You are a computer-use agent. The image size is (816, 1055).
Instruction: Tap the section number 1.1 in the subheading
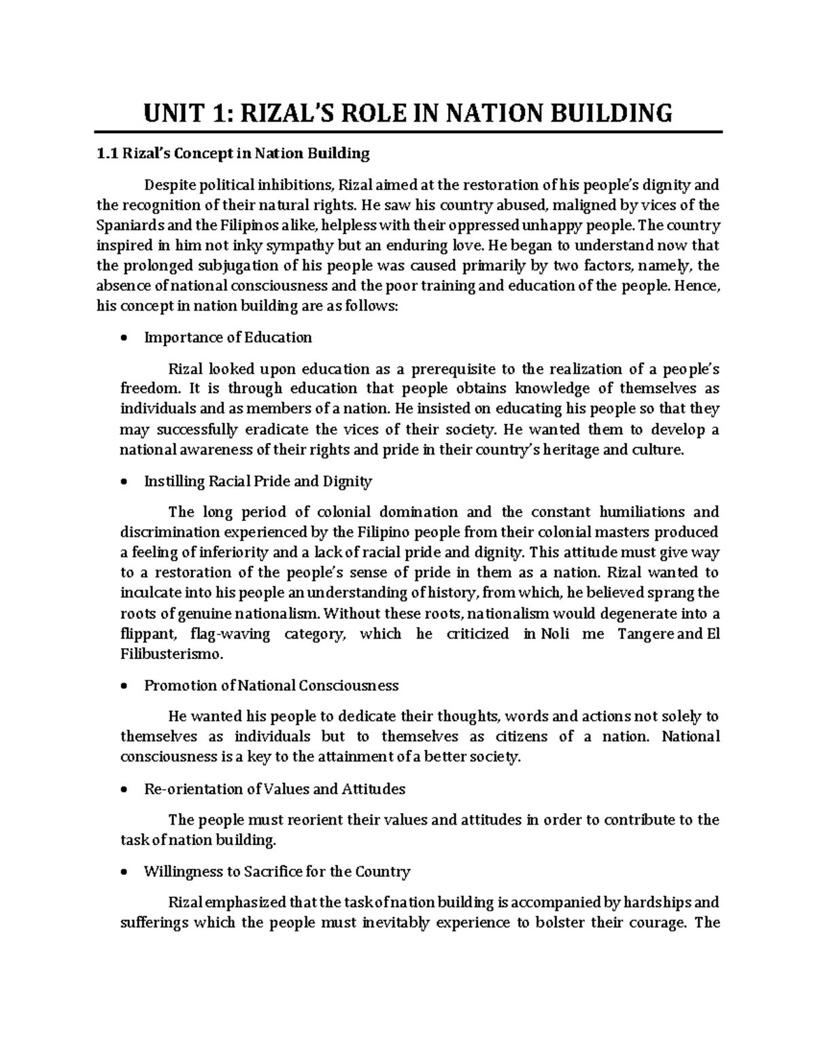pyautogui.click(x=107, y=154)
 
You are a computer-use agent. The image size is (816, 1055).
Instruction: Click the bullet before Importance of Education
pyautogui.click(x=123, y=338)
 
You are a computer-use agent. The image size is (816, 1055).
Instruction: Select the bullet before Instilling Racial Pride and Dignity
pyautogui.click(x=123, y=482)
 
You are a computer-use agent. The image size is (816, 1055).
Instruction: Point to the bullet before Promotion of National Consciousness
pyautogui.click(x=123, y=686)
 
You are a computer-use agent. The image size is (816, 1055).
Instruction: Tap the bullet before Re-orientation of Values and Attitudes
pyautogui.click(x=123, y=789)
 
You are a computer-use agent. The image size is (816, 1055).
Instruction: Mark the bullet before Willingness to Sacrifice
pyautogui.click(x=123, y=872)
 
